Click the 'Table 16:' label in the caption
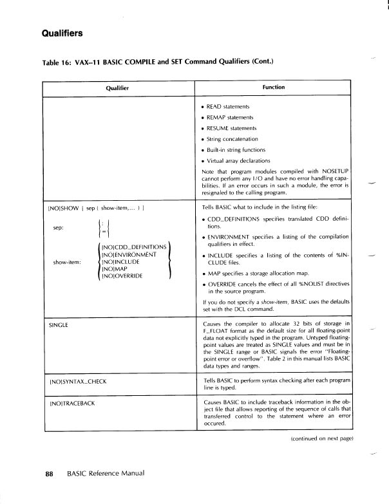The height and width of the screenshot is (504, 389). tap(59, 62)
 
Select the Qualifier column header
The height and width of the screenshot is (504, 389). tap(117, 87)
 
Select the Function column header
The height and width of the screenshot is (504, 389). tap(274, 87)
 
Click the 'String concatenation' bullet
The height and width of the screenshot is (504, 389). tap(233, 138)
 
